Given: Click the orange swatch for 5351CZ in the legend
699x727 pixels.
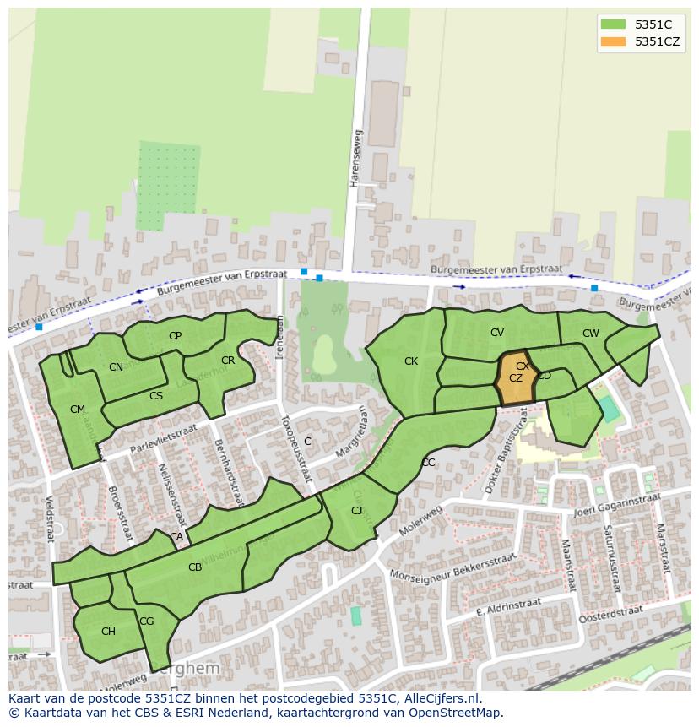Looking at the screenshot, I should [614, 41].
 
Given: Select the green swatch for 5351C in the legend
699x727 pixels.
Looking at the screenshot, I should [614, 24].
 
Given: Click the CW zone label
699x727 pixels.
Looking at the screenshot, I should [590, 334].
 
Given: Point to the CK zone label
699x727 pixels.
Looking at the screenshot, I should [411, 361].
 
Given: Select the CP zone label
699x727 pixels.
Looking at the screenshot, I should [175, 335].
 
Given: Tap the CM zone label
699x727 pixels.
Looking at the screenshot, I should [78, 410].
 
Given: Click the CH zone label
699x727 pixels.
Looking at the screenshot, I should [108, 632].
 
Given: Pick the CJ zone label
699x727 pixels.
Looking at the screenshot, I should [356, 511].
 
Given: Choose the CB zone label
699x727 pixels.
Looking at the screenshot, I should [195, 567].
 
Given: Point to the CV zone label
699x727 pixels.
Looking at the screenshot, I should [497, 333].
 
